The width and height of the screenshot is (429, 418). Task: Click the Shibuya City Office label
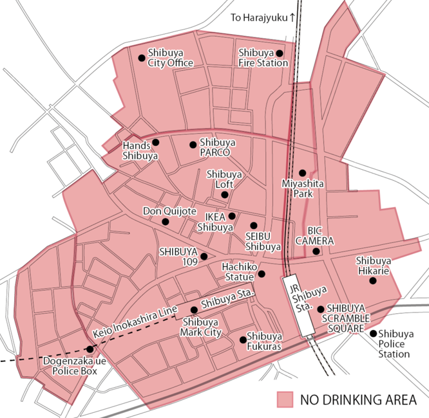pyautogui.click(x=171, y=58)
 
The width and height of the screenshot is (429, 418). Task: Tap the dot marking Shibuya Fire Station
pyautogui.click(x=280, y=53)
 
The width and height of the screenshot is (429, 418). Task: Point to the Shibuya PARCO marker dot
pyautogui.click(x=193, y=144)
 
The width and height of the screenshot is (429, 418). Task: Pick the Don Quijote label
pyautogui.click(x=170, y=211)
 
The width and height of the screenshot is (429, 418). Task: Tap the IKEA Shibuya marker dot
pyautogui.click(x=232, y=216)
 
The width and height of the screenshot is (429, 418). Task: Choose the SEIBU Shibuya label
pyautogui.click(x=263, y=241)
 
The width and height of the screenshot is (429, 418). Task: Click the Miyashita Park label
pyautogui.click(x=303, y=188)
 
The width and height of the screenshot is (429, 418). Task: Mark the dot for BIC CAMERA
pyautogui.click(x=316, y=251)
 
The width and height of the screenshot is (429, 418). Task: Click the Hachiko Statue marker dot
pyautogui.click(x=262, y=274)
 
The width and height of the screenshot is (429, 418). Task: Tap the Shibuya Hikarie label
pyautogui.click(x=373, y=266)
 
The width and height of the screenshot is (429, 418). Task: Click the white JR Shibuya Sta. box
pyautogui.click(x=296, y=305)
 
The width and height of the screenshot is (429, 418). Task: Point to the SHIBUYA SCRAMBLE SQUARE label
pyautogui.click(x=348, y=318)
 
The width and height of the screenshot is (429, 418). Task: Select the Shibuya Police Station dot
pyautogui.click(x=373, y=333)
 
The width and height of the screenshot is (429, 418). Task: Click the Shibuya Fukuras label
pyautogui.click(x=264, y=341)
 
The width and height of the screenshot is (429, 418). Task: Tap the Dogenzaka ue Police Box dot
pyautogui.click(x=90, y=349)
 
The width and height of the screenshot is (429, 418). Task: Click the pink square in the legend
pyautogui.click(x=285, y=399)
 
